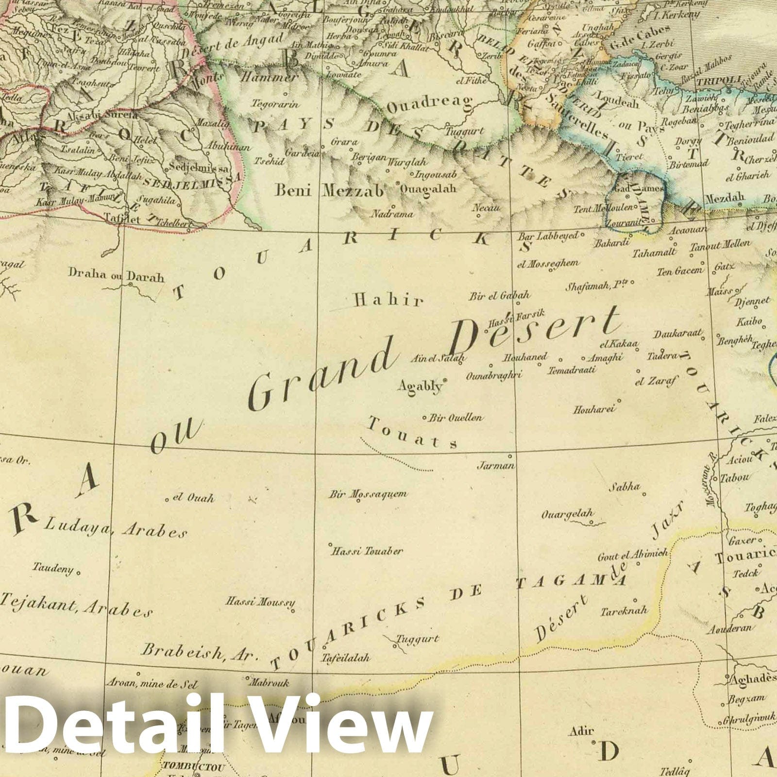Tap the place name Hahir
pos(388,301)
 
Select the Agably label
pos(420,386)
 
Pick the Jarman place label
pos(496,465)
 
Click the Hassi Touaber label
pos(367,551)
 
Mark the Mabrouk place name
pos(269,683)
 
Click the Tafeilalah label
pos(345,658)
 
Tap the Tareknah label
pos(624,611)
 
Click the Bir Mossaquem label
pos(368,494)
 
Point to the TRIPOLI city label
pos(712,81)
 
